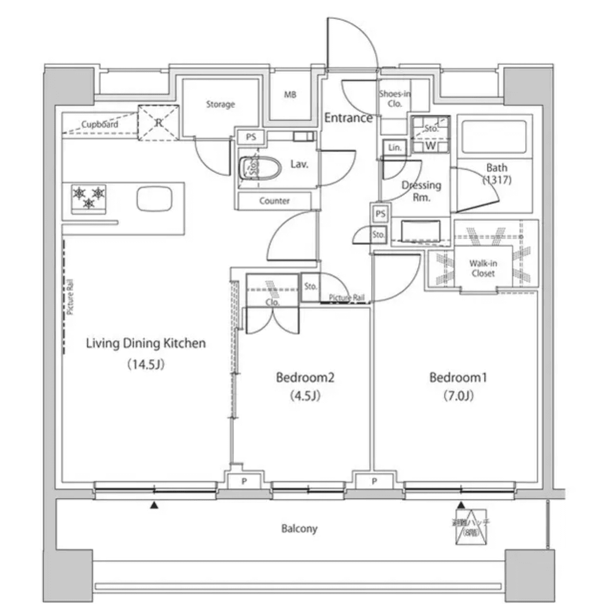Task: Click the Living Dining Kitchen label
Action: coord(145,343)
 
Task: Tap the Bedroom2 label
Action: coord(305,378)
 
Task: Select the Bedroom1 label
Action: coord(457,378)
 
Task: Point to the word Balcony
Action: coord(299,528)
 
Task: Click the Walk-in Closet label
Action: coord(482,268)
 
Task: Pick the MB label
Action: coord(290,95)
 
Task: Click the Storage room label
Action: coord(220,104)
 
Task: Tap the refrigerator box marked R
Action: coord(158,123)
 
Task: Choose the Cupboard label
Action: coord(99,124)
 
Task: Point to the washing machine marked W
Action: coord(430,145)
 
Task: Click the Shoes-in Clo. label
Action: coord(394,99)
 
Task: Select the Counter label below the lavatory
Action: coord(274,201)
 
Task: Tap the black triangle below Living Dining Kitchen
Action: coord(154,505)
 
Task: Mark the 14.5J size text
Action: coord(145,365)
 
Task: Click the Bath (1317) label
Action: coord(496,174)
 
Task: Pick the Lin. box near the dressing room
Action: coord(394,147)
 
